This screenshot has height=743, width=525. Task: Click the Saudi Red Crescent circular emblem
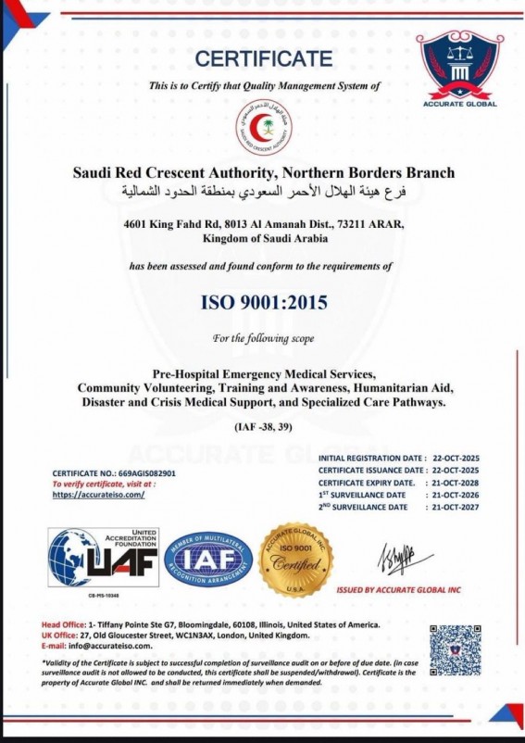263,130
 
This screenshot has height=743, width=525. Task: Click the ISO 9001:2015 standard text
263,302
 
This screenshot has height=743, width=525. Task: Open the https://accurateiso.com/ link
98,495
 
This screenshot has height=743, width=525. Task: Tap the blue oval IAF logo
208,560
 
